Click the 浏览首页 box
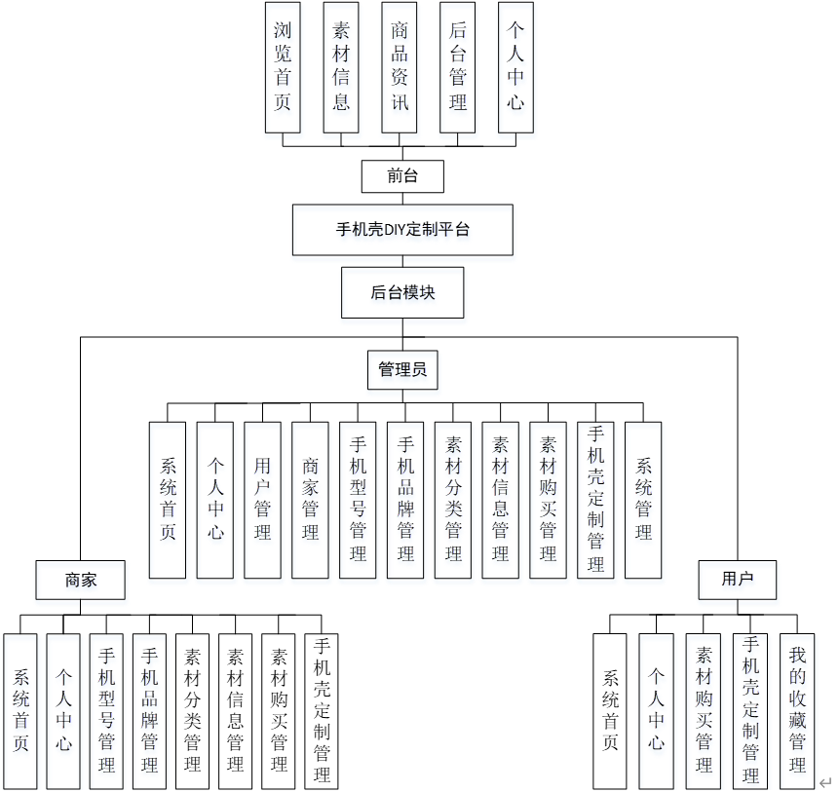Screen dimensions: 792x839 (x=283, y=67)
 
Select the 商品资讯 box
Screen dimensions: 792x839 (x=400, y=67)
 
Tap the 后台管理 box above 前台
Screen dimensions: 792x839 (x=458, y=67)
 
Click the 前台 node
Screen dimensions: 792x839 (x=402, y=176)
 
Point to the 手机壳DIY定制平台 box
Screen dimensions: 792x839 (x=402, y=230)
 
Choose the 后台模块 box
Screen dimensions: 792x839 (x=402, y=292)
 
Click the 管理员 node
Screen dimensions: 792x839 (x=402, y=370)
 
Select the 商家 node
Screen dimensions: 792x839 (x=81, y=580)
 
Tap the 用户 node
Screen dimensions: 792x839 (x=738, y=580)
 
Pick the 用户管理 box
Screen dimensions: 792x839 (x=262, y=500)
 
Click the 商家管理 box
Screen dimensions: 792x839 (x=310, y=500)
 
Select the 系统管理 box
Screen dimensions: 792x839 (x=643, y=500)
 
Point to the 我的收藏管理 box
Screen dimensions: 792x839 (x=798, y=710)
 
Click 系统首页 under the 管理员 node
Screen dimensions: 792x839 (x=168, y=500)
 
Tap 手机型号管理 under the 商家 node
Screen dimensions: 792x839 (x=106, y=710)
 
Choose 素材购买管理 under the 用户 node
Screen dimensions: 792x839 (x=704, y=710)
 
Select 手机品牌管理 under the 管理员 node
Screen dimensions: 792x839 (x=405, y=500)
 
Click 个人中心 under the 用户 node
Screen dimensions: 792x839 (x=657, y=710)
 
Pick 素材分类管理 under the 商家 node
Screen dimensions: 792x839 (x=192, y=710)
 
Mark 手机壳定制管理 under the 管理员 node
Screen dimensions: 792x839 (x=595, y=500)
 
